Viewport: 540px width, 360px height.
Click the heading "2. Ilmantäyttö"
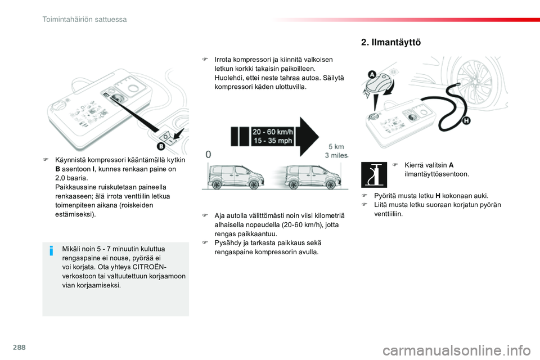[x=390, y=42]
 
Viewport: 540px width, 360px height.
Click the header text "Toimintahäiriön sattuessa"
[x=84, y=19]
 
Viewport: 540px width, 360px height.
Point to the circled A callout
[x=372, y=75]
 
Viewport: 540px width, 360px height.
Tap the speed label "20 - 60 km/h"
[x=273, y=132]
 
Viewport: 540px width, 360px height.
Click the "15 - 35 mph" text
[x=273, y=141]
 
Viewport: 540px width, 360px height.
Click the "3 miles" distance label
[x=337, y=156]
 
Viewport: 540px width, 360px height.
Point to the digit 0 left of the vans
[x=208, y=154]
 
